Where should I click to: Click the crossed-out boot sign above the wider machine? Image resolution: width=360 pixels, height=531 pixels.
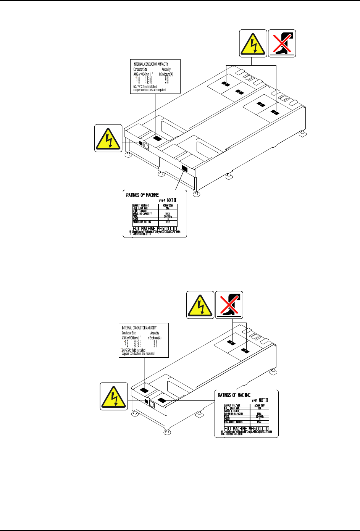click(x=282, y=43)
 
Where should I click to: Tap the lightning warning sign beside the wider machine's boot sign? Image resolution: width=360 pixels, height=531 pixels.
click(x=253, y=43)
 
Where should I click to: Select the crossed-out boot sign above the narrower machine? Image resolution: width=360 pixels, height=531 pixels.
click(x=229, y=305)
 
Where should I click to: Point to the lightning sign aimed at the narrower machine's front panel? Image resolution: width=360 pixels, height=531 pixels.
click(x=114, y=396)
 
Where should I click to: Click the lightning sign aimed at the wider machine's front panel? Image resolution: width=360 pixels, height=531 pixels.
click(x=108, y=138)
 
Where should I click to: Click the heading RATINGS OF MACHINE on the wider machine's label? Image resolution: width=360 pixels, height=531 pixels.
click(x=142, y=195)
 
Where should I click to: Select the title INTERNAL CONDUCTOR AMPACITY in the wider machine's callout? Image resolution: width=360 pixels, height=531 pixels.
click(x=151, y=64)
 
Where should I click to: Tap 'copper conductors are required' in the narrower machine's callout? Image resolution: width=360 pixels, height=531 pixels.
click(x=138, y=353)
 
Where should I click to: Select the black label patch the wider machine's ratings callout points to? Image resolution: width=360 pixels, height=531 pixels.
click(x=184, y=168)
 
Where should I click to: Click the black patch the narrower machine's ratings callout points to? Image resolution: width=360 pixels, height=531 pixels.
click(x=162, y=400)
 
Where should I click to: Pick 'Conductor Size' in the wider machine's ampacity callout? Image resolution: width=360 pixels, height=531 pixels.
click(x=140, y=69)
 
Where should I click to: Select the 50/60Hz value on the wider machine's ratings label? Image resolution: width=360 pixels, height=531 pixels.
click(x=167, y=216)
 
